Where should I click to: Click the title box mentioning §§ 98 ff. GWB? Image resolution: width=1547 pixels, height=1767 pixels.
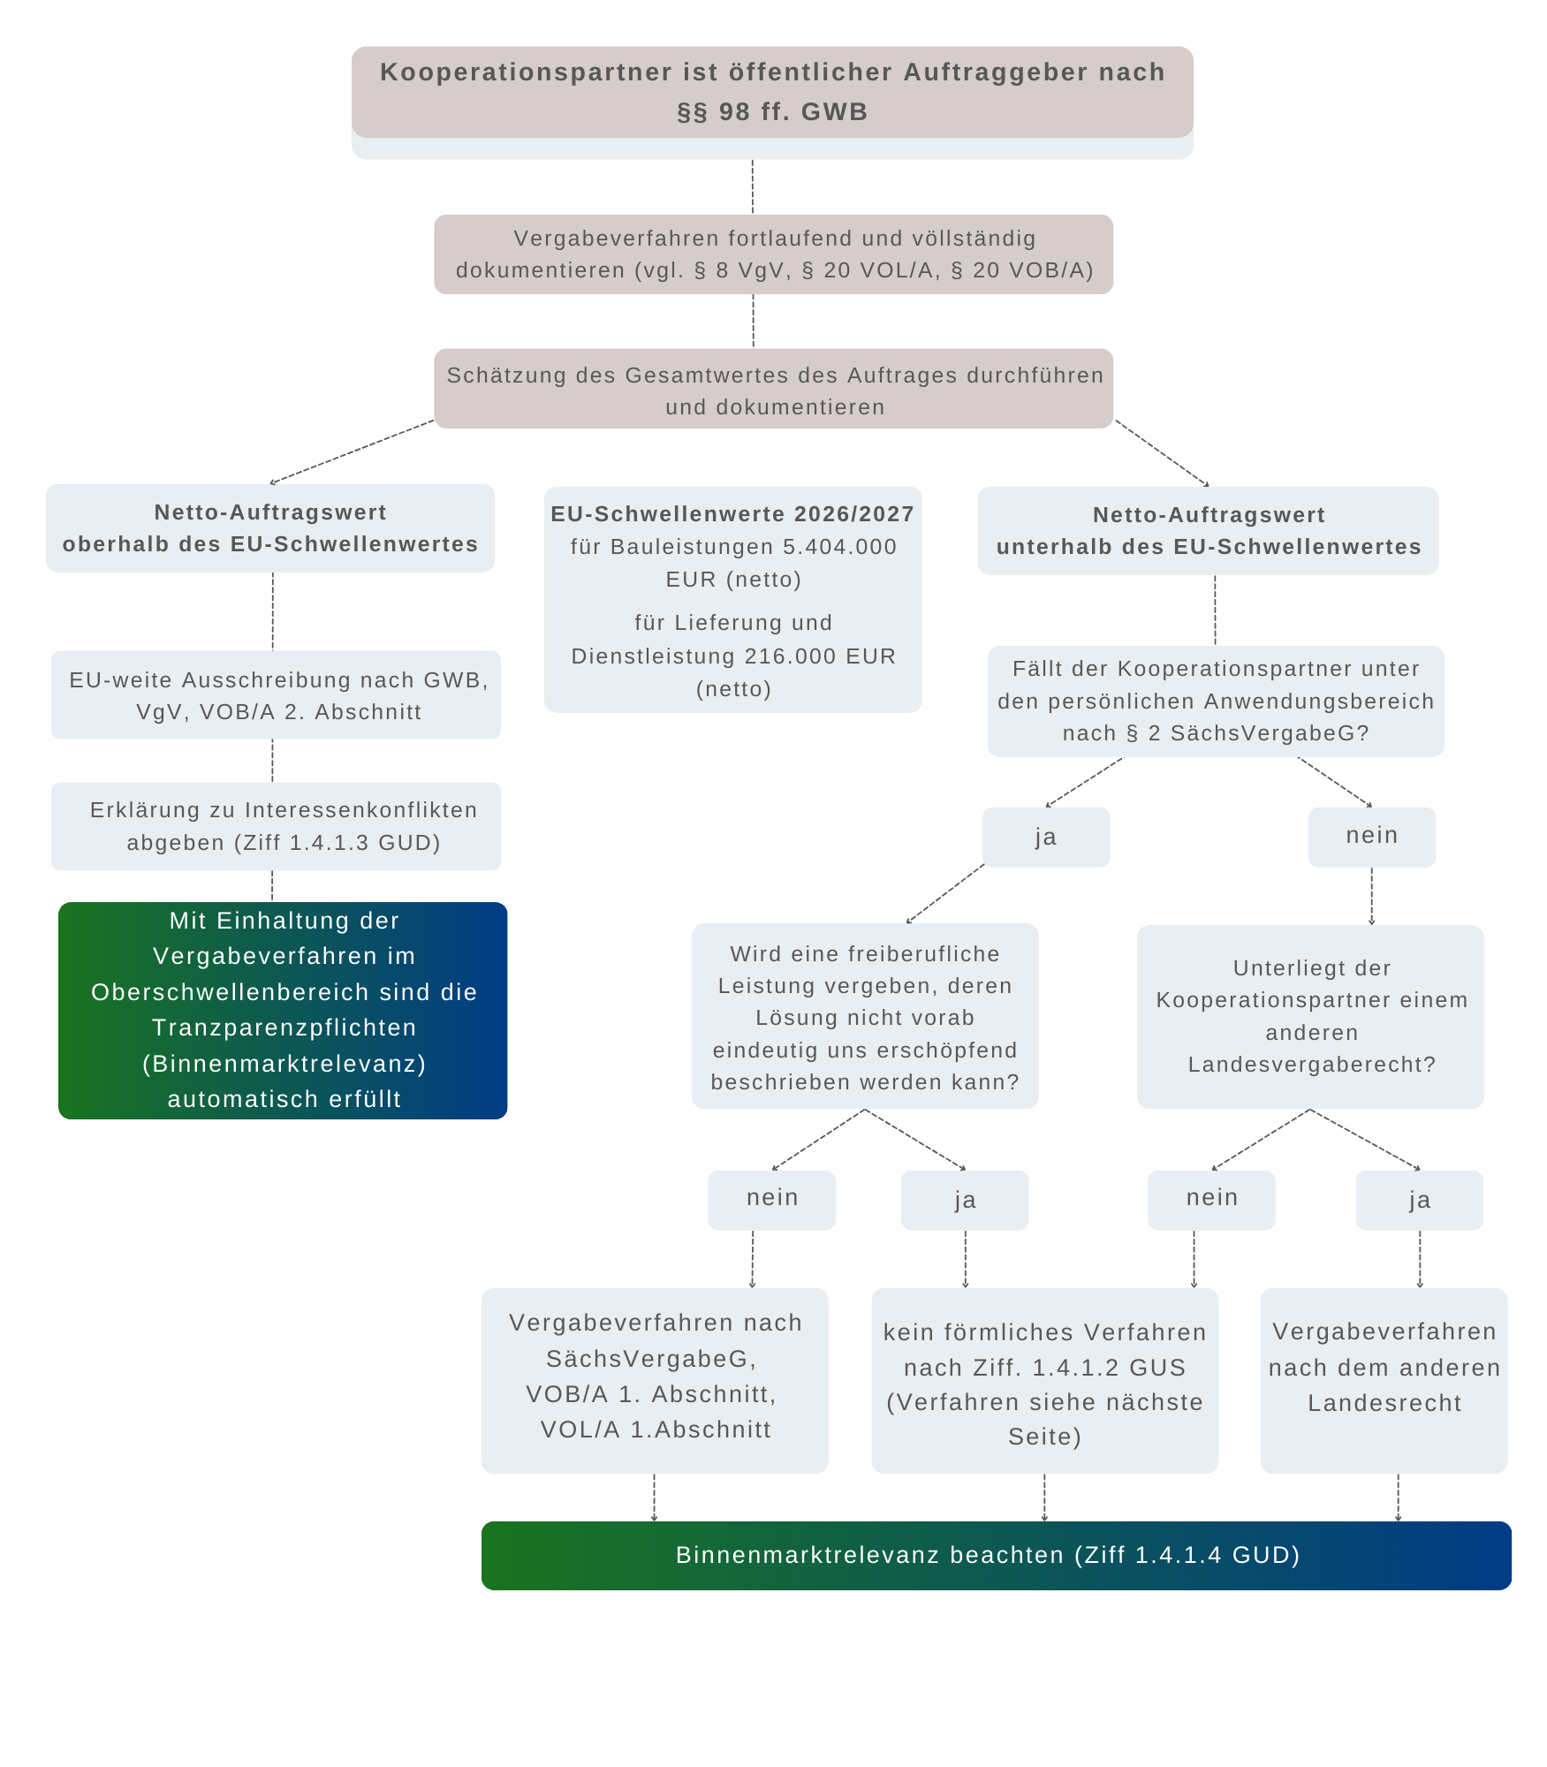coord(772,92)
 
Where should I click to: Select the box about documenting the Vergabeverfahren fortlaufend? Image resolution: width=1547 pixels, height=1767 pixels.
coord(773,254)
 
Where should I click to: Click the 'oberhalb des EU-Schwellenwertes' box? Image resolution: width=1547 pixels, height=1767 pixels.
coord(270,528)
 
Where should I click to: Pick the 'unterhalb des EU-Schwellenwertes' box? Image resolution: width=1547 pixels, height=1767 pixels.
coord(1208,531)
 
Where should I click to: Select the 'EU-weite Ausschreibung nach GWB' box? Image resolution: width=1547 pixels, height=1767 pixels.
coord(276,695)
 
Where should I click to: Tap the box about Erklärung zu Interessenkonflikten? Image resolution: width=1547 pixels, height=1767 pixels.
coord(276,826)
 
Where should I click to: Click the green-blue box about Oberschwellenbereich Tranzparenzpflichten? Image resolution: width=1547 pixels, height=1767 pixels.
coord(283,1010)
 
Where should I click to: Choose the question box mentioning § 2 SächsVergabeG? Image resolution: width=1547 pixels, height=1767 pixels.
coord(1216,701)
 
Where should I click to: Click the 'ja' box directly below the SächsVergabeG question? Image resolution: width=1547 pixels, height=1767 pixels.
coord(1046,837)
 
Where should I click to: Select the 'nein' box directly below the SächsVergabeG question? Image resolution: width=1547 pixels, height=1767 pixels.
coord(1371,836)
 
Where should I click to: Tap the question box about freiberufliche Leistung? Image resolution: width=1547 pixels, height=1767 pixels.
coord(865,1016)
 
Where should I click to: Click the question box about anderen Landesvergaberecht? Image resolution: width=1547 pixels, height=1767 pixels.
coord(1310,1016)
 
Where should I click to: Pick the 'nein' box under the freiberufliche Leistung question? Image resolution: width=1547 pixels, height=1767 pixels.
coord(771,1199)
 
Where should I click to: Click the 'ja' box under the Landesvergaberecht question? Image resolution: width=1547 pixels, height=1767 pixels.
coord(1419,1200)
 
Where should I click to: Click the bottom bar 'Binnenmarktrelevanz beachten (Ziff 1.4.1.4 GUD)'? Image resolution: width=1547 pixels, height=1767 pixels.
coord(996,1555)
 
